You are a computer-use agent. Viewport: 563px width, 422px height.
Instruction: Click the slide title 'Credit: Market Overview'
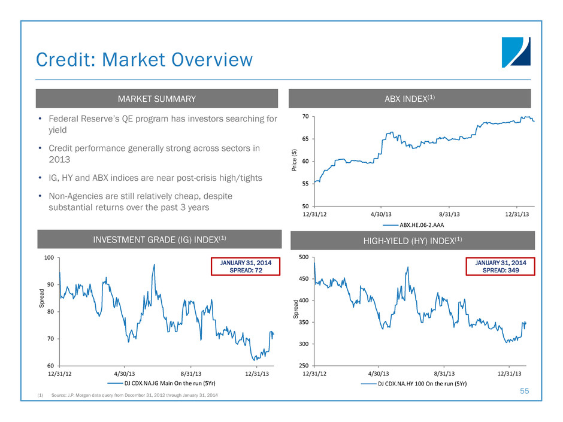(x=144, y=60)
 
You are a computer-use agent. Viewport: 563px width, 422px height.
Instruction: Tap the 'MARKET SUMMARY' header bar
(x=157, y=98)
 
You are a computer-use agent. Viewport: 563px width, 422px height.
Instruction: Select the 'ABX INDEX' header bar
(x=410, y=98)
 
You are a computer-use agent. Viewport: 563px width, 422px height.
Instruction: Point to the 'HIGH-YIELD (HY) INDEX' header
(x=410, y=240)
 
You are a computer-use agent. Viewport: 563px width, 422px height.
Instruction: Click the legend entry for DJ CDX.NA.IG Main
(x=162, y=383)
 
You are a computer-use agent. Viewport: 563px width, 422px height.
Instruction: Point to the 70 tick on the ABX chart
(x=305, y=117)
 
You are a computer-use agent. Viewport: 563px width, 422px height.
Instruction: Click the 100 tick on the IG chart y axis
(x=49, y=258)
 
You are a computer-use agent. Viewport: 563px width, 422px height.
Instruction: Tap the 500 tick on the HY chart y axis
(x=304, y=257)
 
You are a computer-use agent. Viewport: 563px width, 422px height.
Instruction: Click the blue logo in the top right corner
(x=516, y=51)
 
